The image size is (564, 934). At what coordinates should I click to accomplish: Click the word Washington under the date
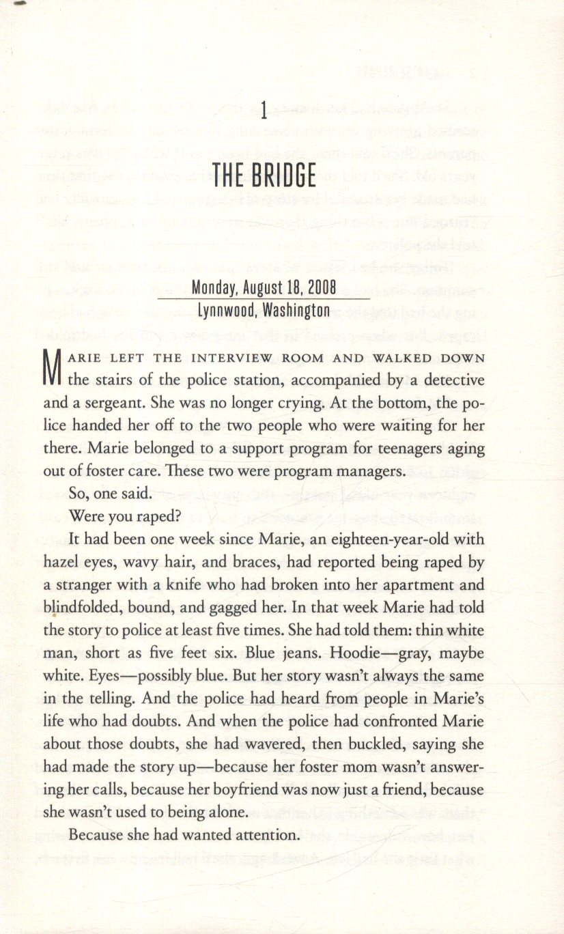pyautogui.click(x=297, y=311)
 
